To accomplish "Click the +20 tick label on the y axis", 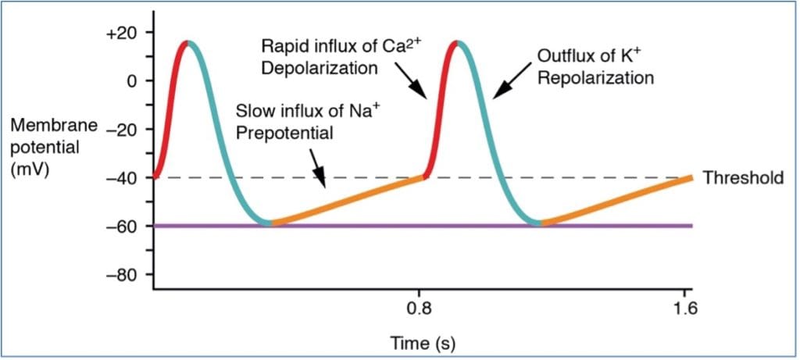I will [125, 32].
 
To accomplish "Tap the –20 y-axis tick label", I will [125, 129].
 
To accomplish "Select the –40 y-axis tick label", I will [125, 177].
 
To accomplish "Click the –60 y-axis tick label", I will [125, 226].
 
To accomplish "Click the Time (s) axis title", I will [423, 342].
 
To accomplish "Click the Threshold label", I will [743, 178].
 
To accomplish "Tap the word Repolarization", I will [595, 77].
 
